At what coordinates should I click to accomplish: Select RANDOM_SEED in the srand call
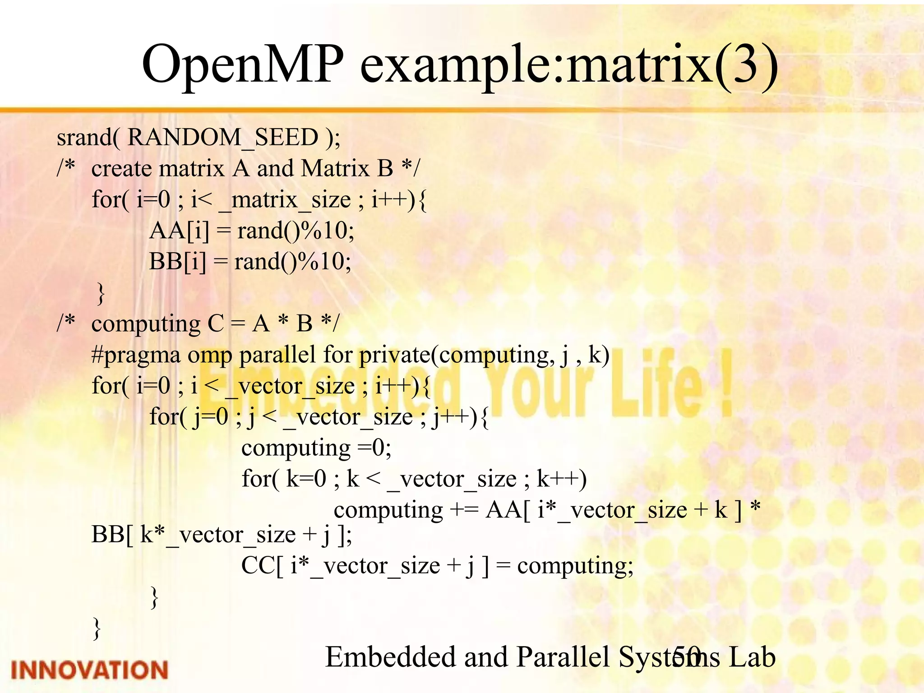pos(223,137)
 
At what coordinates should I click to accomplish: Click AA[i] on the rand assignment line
pos(179,231)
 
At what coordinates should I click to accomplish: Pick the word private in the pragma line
pos(394,355)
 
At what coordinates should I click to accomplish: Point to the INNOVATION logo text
pos(89,670)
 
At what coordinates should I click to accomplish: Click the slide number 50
pos(686,657)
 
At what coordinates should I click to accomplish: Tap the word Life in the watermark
pos(656,383)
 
